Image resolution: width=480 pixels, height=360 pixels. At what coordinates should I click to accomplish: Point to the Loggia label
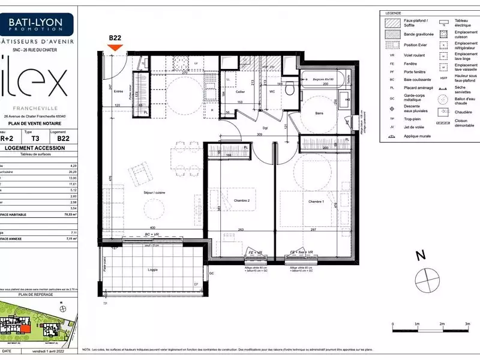coord(154,270)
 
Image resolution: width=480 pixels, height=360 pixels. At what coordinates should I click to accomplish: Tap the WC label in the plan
coord(272,92)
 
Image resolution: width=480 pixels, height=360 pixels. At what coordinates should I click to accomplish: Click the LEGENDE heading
coord(394,13)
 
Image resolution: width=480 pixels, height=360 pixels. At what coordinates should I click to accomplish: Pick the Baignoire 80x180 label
coord(324,79)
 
